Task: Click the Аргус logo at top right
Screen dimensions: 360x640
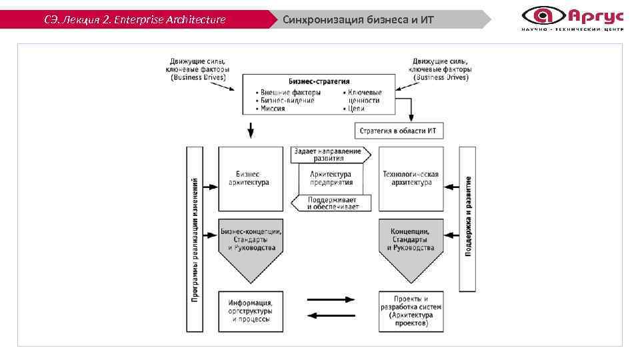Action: click(x=572, y=17)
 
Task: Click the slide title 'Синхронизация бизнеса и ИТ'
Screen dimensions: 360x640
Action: click(x=358, y=19)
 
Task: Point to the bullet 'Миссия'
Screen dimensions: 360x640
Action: click(x=273, y=108)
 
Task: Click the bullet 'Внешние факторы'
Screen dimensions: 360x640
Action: click(x=291, y=92)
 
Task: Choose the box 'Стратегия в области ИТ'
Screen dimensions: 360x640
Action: click(x=399, y=130)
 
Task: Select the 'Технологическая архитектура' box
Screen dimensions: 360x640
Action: click(x=411, y=179)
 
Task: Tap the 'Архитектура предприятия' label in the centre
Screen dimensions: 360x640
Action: click(x=330, y=179)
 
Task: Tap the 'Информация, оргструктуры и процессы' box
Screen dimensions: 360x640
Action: click(x=251, y=311)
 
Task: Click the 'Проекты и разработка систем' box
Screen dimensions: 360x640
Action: click(x=411, y=311)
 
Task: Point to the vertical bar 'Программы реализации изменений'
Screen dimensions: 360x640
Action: click(x=195, y=239)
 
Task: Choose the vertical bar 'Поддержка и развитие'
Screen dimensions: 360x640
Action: click(x=468, y=219)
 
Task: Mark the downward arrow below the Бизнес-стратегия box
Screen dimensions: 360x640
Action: click(x=251, y=130)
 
